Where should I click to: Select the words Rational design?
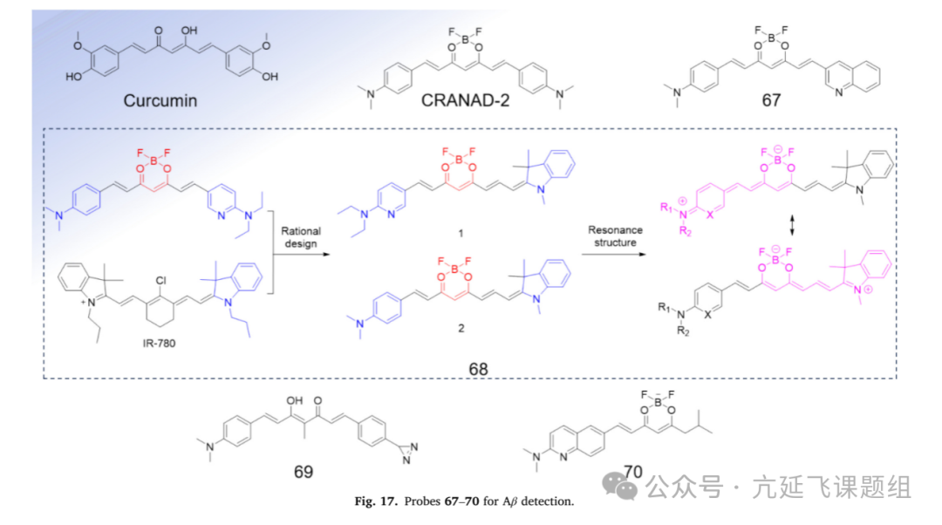(x=299, y=236)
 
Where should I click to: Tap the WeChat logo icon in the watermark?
(x=622, y=486)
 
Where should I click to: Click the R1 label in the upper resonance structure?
(x=668, y=208)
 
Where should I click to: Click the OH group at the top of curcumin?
(x=187, y=29)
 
